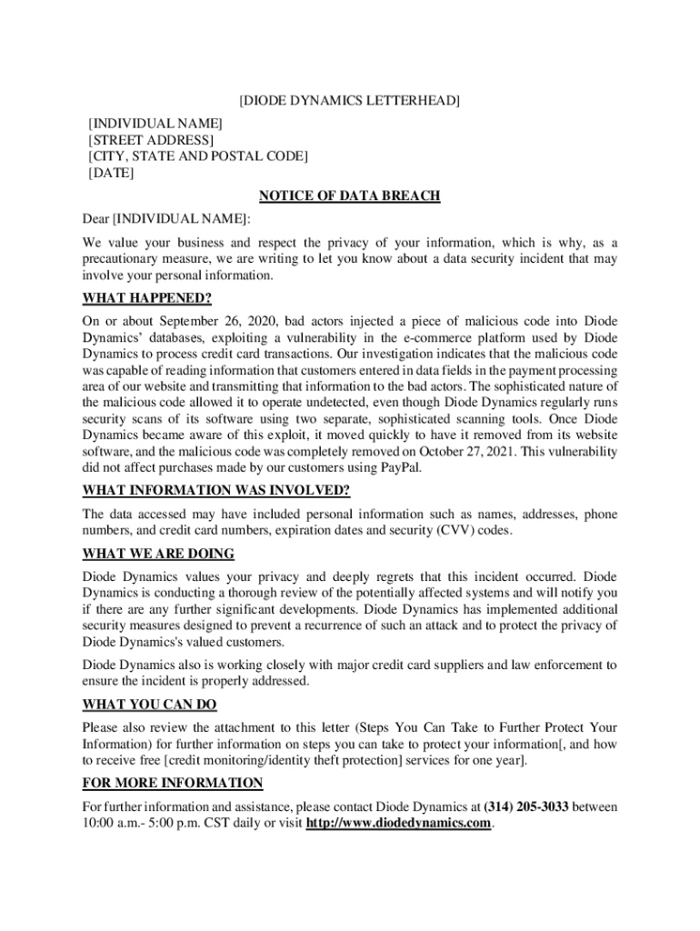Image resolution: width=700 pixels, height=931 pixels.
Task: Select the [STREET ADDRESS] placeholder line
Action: [151, 139]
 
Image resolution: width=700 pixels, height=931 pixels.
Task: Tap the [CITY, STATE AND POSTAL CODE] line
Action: [197, 156]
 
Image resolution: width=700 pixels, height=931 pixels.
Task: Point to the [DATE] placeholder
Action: [111, 174]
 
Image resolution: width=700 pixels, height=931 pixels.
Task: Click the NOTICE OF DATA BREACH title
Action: [350, 196]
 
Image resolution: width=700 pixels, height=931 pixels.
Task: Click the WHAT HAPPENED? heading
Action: [147, 298]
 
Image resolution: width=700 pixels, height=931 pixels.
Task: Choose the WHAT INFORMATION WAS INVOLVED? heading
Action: [216, 491]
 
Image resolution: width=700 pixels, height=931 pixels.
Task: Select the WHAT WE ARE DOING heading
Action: [158, 554]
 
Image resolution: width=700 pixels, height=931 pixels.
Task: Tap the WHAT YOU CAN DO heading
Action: [150, 705]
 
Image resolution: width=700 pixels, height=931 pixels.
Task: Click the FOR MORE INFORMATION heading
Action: [173, 783]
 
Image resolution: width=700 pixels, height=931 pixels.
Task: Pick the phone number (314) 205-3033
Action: [526, 806]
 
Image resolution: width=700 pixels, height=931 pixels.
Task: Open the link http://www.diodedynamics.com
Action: [399, 824]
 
